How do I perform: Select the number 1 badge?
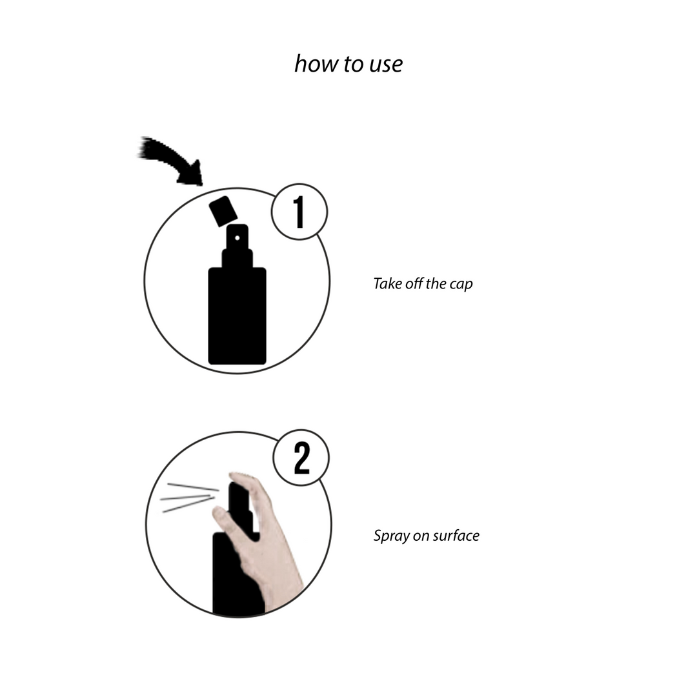pos(299,212)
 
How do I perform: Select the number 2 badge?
pos(301,459)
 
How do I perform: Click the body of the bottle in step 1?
pos(237,316)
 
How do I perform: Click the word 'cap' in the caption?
pos(461,285)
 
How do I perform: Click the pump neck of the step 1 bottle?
pos(237,258)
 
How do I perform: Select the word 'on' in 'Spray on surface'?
pos(421,536)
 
